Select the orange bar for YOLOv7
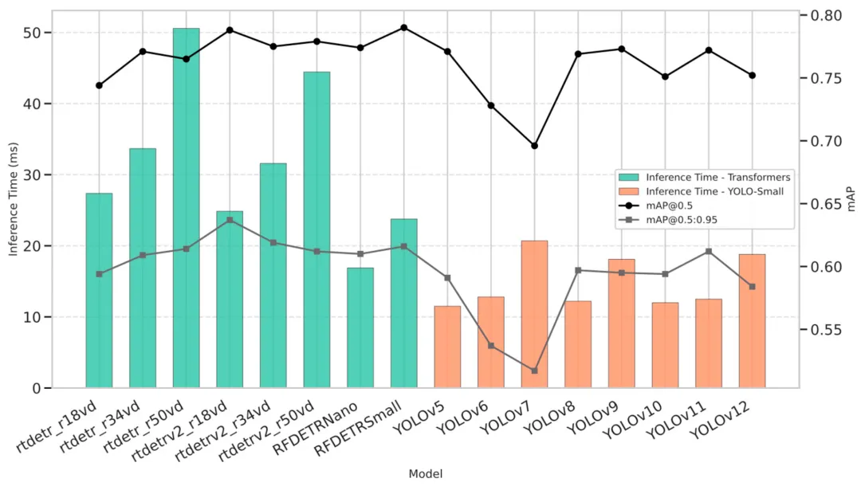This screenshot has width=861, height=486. (x=534, y=314)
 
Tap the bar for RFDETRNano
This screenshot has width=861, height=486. (x=360, y=327)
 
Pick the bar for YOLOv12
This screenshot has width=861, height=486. (x=752, y=321)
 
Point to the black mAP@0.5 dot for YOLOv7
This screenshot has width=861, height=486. (x=534, y=146)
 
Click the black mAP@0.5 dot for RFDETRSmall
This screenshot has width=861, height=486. (x=403, y=27)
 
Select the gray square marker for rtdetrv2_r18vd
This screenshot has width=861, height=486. (x=230, y=220)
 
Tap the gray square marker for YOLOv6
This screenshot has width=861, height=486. (x=491, y=346)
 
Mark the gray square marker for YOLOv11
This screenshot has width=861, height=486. (x=709, y=252)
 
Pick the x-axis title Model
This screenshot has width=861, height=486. (x=425, y=474)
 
